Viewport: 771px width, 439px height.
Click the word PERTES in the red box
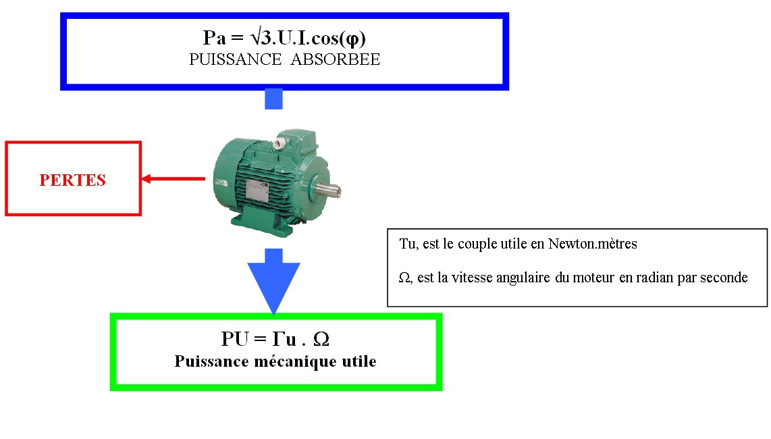click(x=73, y=180)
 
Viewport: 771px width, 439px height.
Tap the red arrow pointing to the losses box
click(x=173, y=179)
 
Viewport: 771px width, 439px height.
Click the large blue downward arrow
click(x=273, y=280)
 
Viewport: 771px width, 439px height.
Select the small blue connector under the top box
click(x=273, y=99)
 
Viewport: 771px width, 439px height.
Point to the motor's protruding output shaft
click(x=330, y=191)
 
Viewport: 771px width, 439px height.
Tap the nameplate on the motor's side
click(x=257, y=191)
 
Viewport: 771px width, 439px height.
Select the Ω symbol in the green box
click(x=321, y=339)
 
